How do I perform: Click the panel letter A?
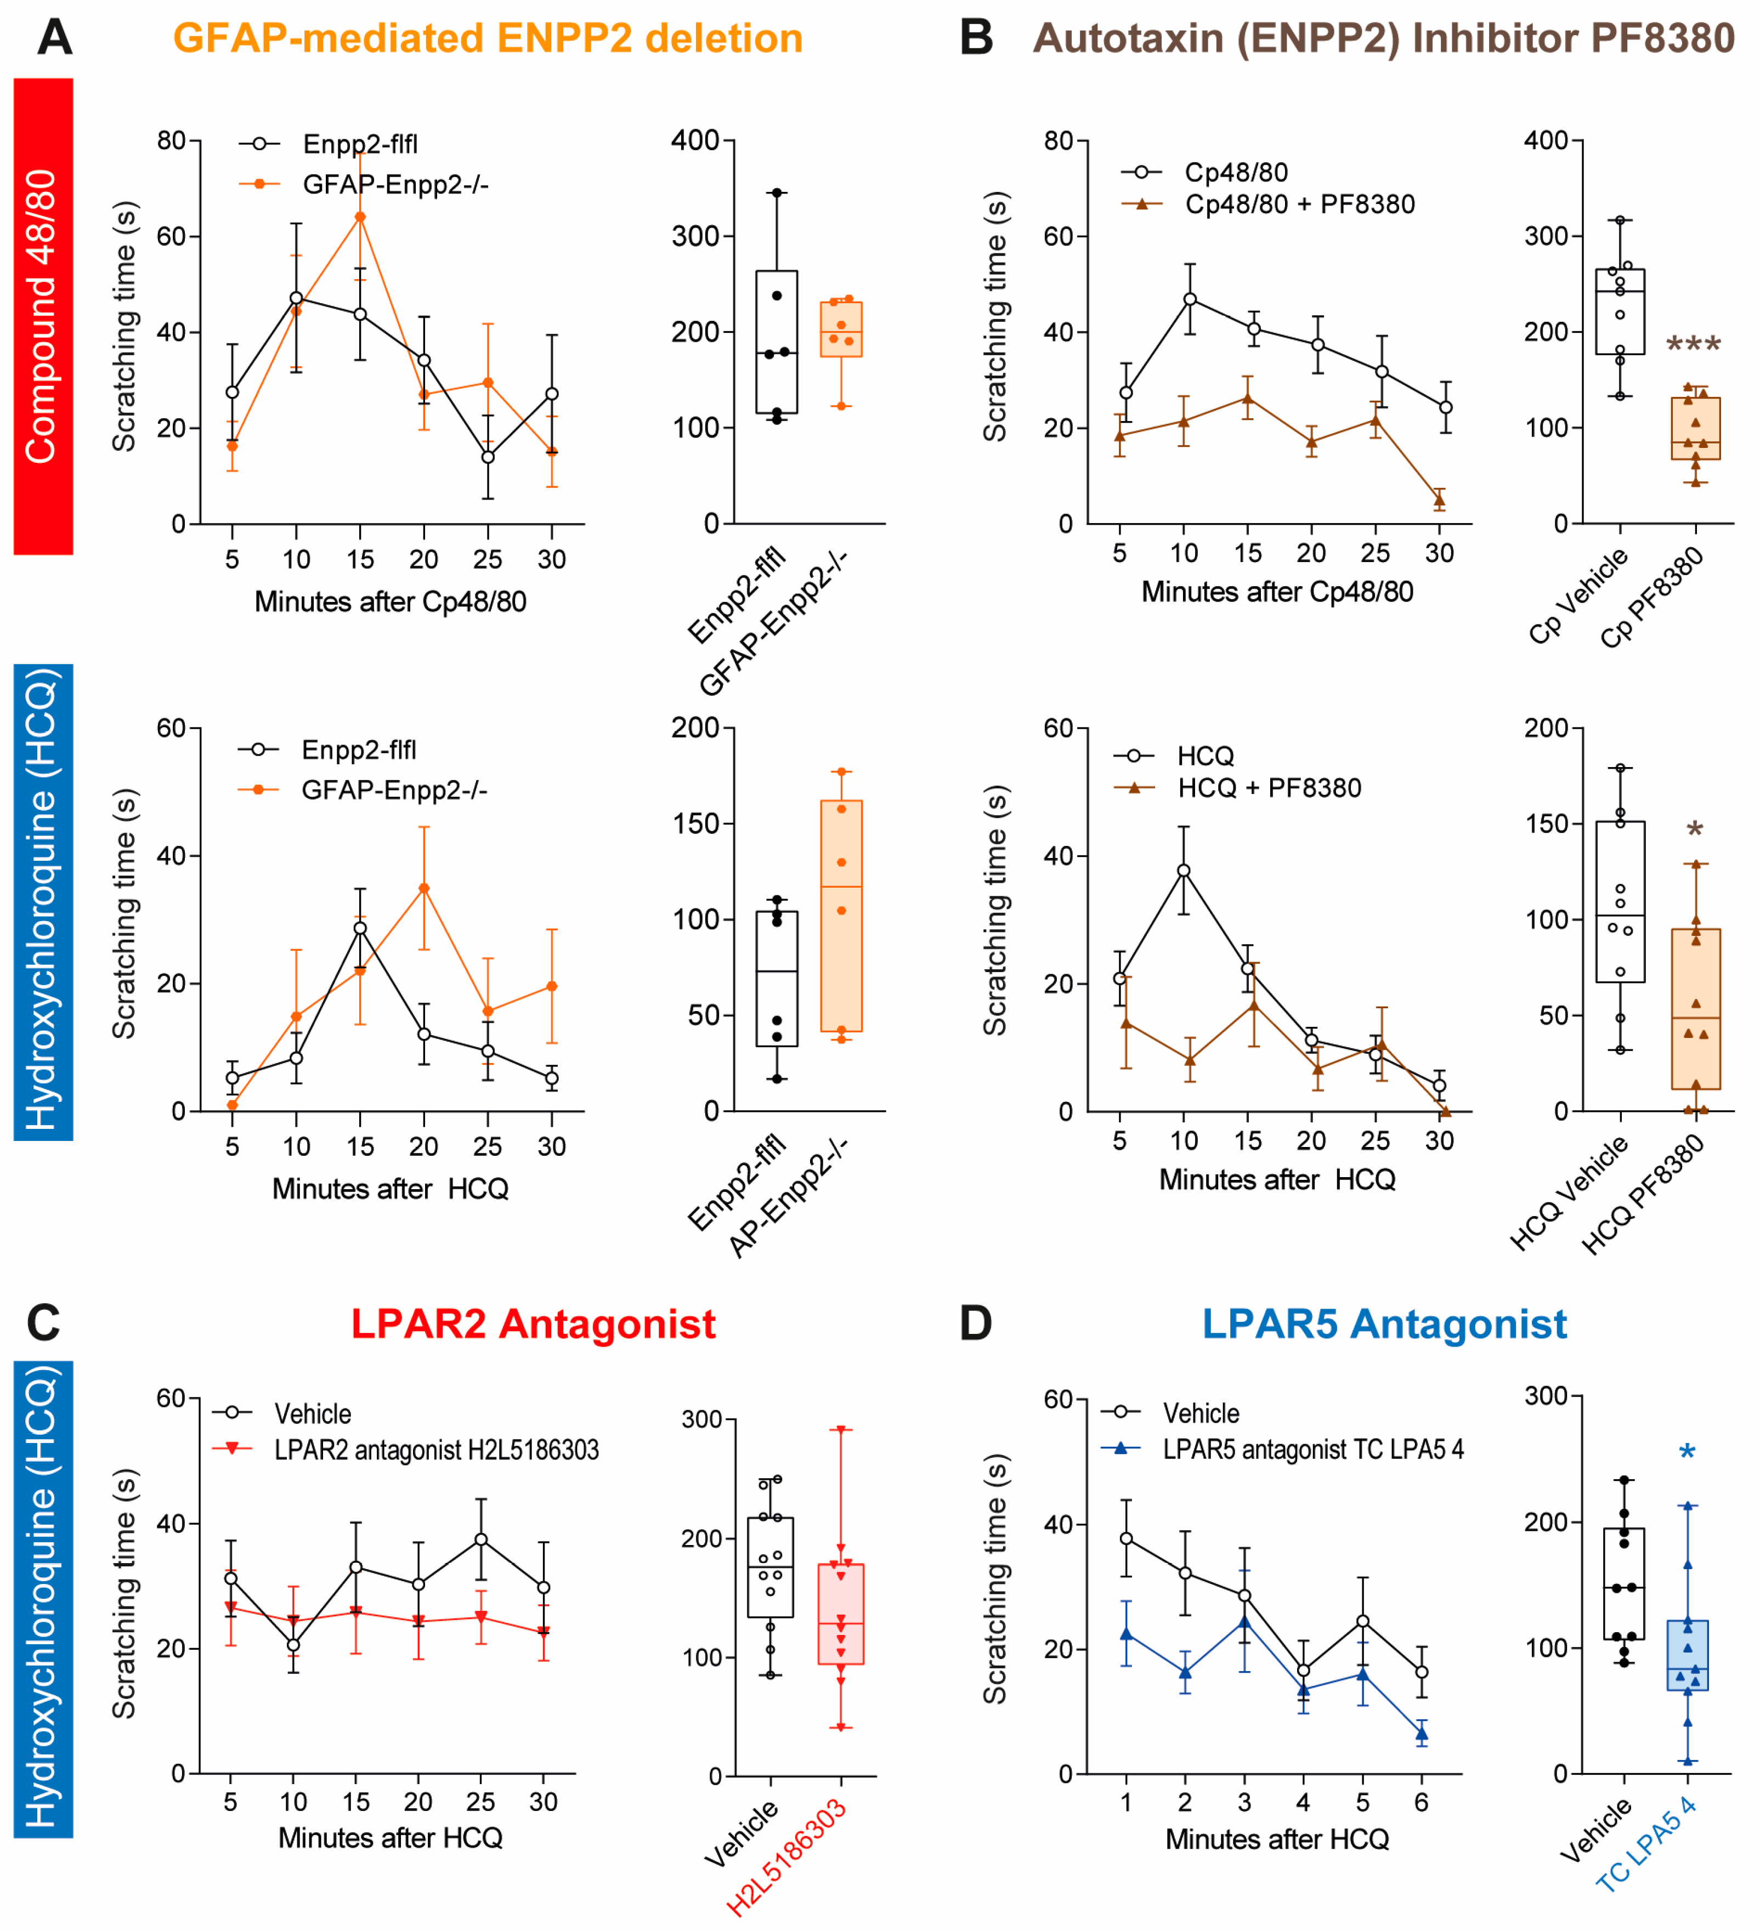[x=55, y=38]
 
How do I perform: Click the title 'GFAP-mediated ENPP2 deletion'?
[x=488, y=38]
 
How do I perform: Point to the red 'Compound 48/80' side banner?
[x=43, y=316]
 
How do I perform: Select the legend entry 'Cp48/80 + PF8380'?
[x=1299, y=204]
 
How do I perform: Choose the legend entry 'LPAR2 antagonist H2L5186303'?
[x=436, y=1450]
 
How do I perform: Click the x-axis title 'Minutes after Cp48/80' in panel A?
[x=390, y=601]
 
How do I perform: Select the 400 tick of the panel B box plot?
[x=1546, y=141]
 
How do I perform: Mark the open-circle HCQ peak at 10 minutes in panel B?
[x=1184, y=871]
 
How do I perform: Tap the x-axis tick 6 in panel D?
[x=1421, y=1803]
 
